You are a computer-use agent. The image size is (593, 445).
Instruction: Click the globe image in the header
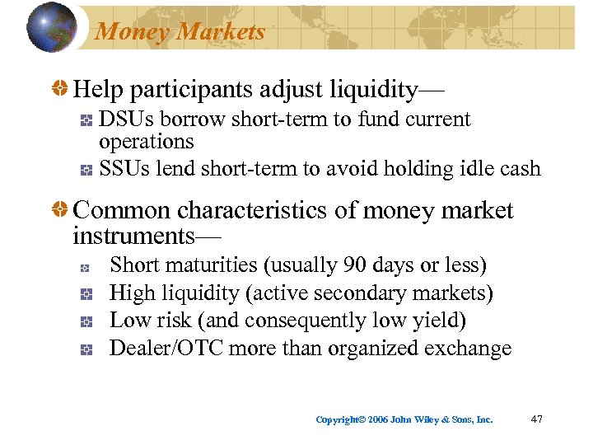point(52,28)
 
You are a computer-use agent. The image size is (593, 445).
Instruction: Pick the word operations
point(146,141)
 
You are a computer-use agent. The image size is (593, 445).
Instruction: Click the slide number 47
point(536,419)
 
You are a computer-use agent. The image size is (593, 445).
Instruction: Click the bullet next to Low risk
point(85,321)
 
